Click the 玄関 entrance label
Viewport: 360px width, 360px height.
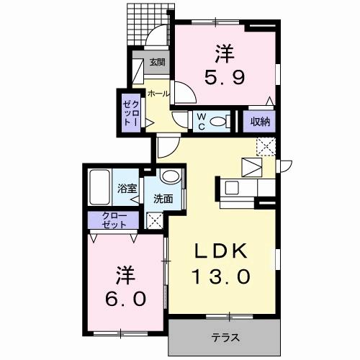[x=157, y=63]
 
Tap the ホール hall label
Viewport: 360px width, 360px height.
[x=158, y=94]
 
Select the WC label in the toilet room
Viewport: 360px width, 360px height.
[x=202, y=122]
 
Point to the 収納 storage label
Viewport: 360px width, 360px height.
[x=260, y=122]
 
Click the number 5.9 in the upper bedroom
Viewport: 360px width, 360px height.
[x=225, y=77]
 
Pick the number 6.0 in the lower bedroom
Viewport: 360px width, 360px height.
[x=125, y=299]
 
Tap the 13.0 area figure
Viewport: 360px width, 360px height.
[x=221, y=276]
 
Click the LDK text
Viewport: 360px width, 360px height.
[x=221, y=251]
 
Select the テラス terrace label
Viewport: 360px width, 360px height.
[x=225, y=338]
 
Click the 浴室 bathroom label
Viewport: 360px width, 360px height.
[x=127, y=189]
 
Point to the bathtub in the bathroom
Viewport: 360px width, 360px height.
[x=99, y=187]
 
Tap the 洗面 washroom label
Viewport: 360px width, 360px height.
[x=163, y=199]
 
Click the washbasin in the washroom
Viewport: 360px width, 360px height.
[x=171, y=176]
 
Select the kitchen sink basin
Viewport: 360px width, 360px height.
[x=232, y=187]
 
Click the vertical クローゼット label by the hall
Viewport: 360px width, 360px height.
[x=131, y=114]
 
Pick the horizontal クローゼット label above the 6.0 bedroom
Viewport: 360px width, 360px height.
[x=114, y=220]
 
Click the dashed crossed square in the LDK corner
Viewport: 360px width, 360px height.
[x=266, y=147]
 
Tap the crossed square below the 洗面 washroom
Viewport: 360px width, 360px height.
[x=155, y=220]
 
